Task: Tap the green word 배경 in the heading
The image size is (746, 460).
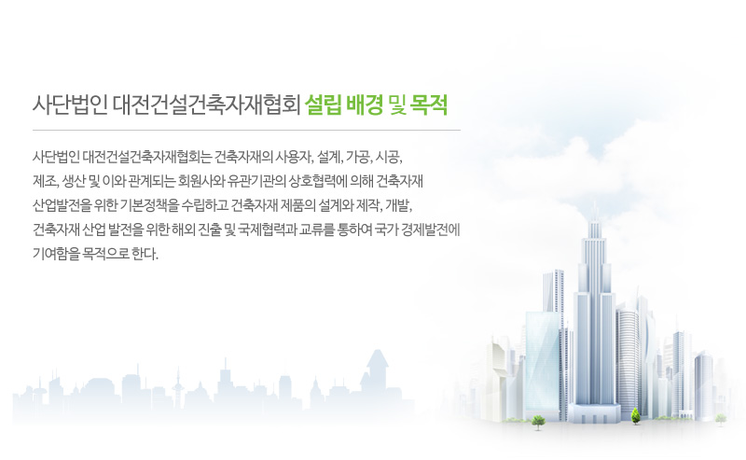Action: tap(365, 105)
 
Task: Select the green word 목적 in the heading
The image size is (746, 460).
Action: tap(429, 105)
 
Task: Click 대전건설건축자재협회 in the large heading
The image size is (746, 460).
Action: tap(207, 105)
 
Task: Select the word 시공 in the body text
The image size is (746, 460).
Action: tap(388, 157)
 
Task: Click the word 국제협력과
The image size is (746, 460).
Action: tap(267, 230)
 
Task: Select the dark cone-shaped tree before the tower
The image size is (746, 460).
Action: tap(636, 416)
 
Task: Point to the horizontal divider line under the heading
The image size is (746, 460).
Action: tap(246, 130)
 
